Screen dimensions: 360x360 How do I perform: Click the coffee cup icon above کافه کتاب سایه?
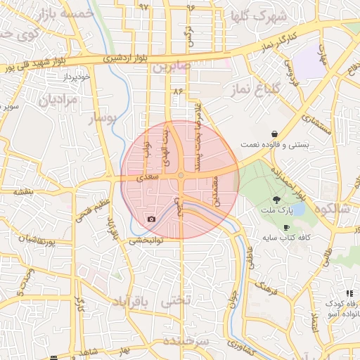click(x=286, y=227)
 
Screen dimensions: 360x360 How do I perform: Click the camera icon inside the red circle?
click(x=151, y=219)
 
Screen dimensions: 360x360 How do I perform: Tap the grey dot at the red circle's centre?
click(x=181, y=175)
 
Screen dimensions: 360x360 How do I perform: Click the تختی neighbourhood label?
click(x=176, y=302)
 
